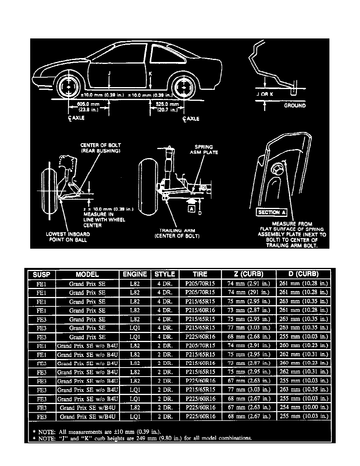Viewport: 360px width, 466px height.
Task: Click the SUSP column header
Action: click(40, 274)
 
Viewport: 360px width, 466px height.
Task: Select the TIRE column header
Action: click(200, 274)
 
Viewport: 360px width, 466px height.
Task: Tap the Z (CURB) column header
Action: click(248, 274)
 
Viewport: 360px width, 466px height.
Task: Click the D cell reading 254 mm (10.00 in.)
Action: click(303, 408)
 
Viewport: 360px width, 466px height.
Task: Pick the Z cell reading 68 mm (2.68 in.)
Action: click(248, 336)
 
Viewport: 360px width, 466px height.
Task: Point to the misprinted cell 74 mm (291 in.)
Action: click(248, 292)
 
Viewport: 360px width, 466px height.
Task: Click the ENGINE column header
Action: click(135, 274)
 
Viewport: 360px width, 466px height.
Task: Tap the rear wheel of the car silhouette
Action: click(183, 87)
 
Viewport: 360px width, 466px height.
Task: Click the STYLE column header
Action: click(165, 274)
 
